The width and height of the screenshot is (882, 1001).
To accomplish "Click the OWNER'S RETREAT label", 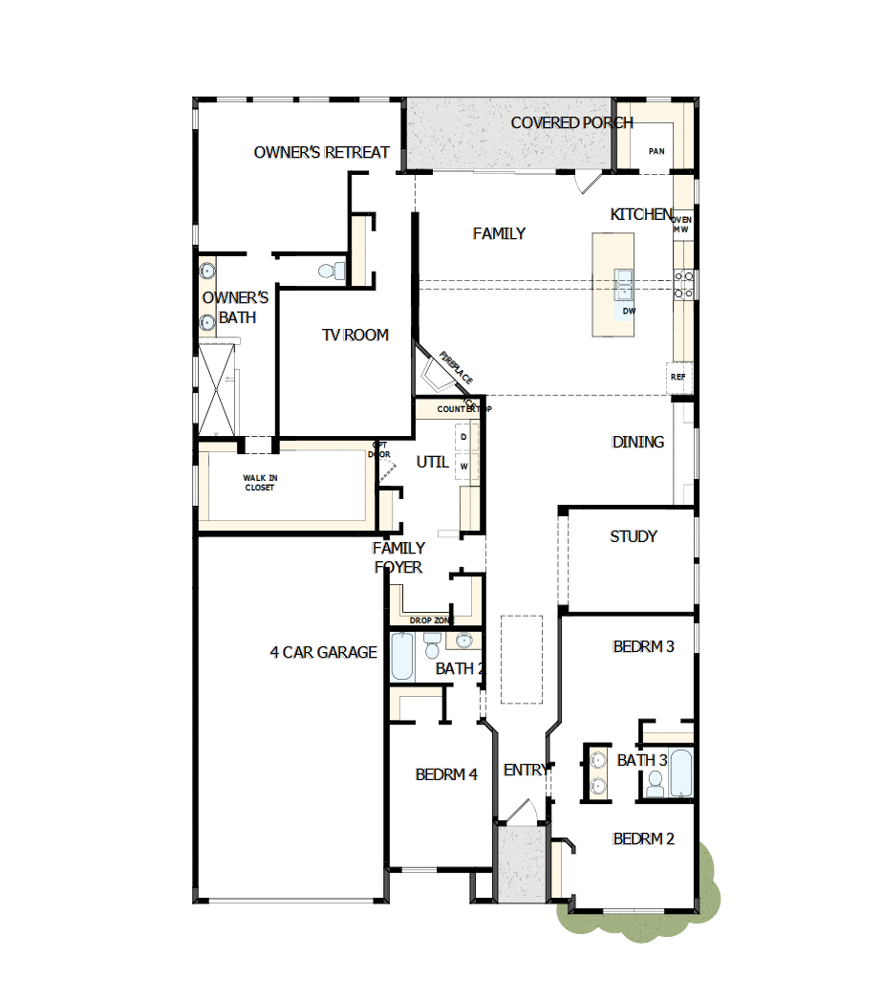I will click(x=321, y=152).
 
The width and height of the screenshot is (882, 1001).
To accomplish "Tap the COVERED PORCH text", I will click(x=571, y=122).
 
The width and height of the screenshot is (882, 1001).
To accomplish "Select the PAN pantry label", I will click(x=656, y=151).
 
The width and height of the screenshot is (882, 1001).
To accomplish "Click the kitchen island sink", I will click(x=624, y=283).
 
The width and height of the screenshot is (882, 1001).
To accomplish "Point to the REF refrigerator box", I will click(x=678, y=377).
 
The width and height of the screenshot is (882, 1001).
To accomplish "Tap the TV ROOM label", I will click(x=355, y=335).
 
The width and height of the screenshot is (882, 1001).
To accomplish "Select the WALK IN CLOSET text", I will click(x=258, y=483).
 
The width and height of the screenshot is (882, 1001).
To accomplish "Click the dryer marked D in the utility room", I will click(x=464, y=437).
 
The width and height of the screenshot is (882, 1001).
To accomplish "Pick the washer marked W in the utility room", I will click(x=464, y=466).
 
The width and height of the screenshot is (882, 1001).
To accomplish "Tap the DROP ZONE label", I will click(x=432, y=620).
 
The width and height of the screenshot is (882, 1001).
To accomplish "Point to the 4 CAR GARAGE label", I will click(x=323, y=653).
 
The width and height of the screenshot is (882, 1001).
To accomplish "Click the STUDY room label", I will click(x=633, y=536).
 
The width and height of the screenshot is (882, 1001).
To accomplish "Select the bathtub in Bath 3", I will click(x=680, y=773).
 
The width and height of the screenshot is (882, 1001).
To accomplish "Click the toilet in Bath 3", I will click(x=655, y=784).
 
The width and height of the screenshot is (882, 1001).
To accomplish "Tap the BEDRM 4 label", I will click(x=446, y=774).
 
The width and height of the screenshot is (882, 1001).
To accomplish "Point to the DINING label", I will click(x=637, y=442).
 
